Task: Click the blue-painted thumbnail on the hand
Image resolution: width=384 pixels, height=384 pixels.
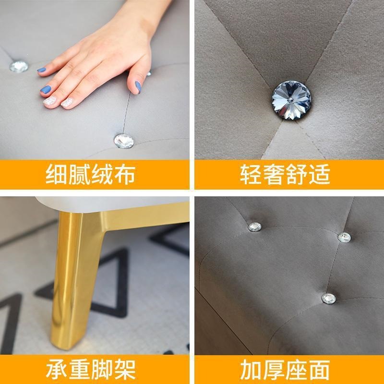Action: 138,87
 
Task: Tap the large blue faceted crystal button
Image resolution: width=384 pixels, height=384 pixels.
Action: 291,100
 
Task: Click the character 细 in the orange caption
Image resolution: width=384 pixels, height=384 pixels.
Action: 56,174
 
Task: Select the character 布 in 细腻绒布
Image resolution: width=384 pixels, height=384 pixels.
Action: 125,174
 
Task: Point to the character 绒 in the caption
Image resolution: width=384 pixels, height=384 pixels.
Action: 102,174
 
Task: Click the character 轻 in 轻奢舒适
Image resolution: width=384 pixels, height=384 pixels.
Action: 251,174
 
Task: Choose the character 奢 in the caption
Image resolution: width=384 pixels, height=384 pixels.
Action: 273,174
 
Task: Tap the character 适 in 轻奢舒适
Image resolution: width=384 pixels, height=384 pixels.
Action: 319,174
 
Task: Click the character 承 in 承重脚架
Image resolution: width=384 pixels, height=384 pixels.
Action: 56,369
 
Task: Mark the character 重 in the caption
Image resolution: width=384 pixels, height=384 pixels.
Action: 79,369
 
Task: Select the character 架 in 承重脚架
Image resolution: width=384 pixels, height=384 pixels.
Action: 125,369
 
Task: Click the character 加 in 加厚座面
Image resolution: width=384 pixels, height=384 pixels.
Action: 251,369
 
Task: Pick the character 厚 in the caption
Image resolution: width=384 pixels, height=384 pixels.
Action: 273,369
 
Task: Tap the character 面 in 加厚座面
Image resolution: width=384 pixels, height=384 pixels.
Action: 319,369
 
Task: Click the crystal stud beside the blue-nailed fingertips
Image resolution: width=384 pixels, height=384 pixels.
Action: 19,66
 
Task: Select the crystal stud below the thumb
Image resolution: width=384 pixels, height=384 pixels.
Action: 124,141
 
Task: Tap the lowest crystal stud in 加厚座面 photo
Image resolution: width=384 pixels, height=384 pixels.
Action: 329,299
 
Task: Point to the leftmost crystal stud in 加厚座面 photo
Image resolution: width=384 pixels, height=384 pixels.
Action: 254,227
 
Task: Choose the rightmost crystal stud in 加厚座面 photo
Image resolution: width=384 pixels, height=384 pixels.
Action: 344,238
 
